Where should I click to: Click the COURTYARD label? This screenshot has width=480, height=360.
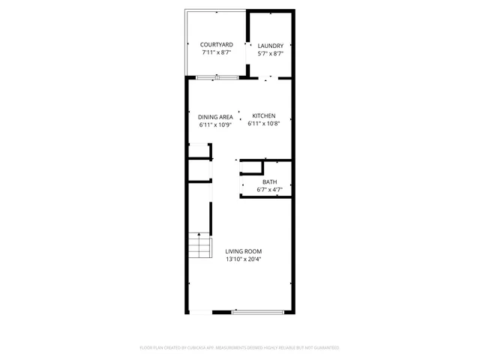(x=216, y=45)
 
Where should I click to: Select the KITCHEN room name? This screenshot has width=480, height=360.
(x=264, y=115)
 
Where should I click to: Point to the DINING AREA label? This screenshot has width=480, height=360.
(x=215, y=117)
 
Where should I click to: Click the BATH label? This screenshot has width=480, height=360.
(x=269, y=182)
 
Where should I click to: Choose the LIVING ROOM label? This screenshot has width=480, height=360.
(x=244, y=251)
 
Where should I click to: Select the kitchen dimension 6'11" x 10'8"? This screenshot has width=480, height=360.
(x=264, y=124)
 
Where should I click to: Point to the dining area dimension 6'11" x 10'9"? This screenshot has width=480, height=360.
(x=215, y=126)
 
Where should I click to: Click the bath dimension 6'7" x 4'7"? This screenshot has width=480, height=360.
(x=269, y=190)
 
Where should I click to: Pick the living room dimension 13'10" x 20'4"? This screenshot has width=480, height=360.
(x=244, y=259)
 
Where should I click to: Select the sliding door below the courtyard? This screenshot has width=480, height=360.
(x=217, y=77)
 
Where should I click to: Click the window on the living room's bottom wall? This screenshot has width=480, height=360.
(x=257, y=312)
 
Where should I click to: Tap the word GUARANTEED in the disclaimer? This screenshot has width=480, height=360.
(x=324, y=348)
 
